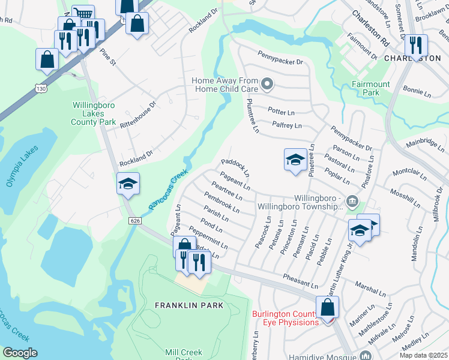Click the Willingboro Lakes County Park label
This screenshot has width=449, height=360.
(94, 113)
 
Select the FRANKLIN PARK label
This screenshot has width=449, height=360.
(189, 305)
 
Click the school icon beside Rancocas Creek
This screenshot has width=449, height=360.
(128, 184)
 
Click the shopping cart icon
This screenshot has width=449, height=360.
(83, 14)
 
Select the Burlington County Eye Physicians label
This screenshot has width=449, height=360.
(285, 318)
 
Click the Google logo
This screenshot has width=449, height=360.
(20, 353)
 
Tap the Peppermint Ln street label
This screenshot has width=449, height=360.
(208, 238)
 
